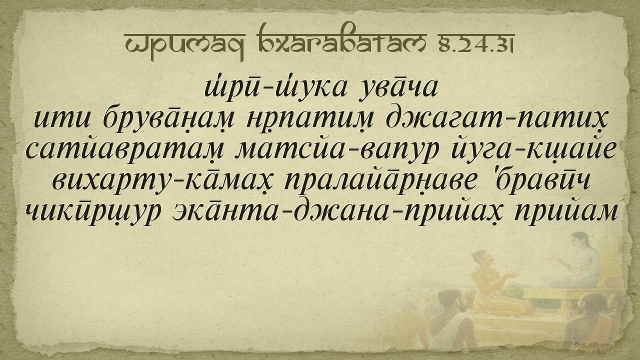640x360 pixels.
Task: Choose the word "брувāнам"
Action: pyautogui.click(x=168, y=119)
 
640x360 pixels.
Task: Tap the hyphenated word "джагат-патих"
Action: pyautogui.click(x=495, y=119)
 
